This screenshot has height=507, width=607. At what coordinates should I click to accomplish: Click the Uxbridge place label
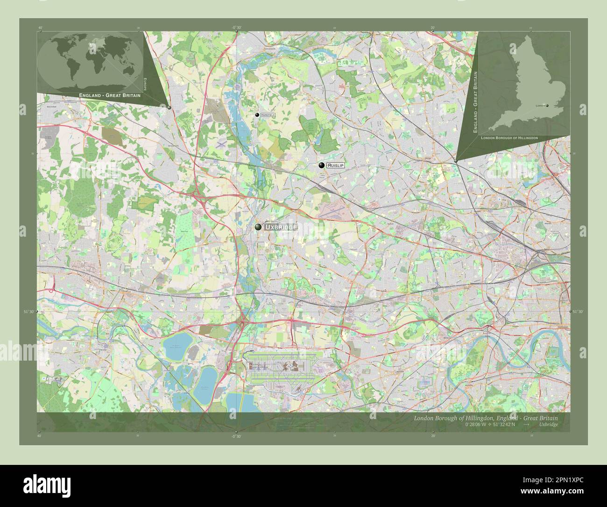point(280,227)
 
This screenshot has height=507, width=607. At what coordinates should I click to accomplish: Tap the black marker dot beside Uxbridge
point(258,227)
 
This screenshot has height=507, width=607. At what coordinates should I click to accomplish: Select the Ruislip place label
point(335,165)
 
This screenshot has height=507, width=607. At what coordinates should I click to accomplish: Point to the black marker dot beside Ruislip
point(321,165)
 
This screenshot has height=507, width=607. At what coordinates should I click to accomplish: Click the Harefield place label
point(268,115)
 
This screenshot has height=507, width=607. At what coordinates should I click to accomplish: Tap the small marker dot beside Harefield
point(257,115)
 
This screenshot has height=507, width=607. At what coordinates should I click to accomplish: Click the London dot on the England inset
point(547,106)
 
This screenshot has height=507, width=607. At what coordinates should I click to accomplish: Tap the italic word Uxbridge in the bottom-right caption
point(548,424)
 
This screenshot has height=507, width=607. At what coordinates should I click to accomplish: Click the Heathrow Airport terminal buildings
point(285,369)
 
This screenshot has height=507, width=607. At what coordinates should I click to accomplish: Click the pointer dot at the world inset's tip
point(169,107)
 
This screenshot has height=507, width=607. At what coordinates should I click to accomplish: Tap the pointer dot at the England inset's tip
point(456,161)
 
